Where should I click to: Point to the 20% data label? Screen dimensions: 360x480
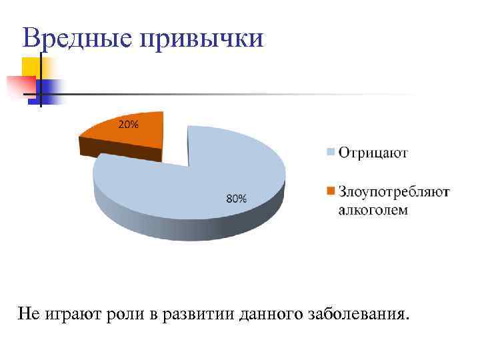129,124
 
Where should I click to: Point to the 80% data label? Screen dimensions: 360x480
237,198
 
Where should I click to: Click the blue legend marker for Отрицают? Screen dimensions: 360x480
329,153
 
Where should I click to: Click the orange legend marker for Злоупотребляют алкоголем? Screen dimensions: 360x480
329,192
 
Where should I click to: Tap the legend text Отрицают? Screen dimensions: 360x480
373,153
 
